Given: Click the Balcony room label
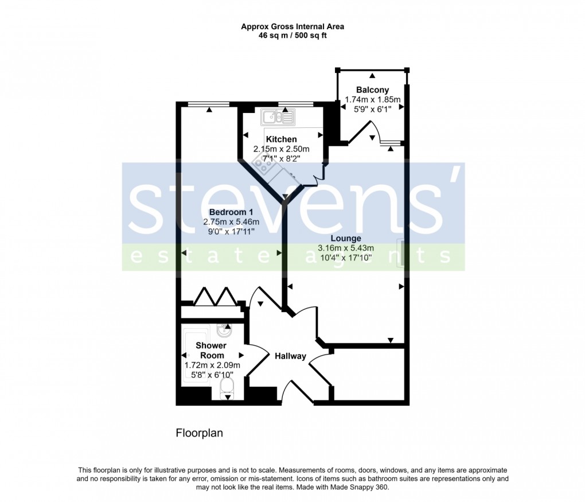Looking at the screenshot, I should (x=372, y=89).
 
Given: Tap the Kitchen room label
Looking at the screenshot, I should (x=281, y=139).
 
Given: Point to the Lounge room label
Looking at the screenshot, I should (x=346, y=238).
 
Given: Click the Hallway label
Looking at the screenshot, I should (x=290, y=356).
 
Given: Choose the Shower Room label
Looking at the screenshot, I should (x=211, y=350).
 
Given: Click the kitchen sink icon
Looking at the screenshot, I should (x=278, y=118).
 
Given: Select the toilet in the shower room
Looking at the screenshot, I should (x=228, y=386).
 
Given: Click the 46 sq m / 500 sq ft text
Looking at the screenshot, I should (x=292, y=36).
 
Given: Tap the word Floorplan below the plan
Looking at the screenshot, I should (x=199, y=433).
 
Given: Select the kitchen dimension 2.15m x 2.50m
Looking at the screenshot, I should (x=281, y=149).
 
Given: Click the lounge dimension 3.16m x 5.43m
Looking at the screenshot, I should (x=346, y=248).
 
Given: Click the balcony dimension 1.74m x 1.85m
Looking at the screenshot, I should (x=372, y=99).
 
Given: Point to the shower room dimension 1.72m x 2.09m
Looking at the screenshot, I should (x=212, y=365).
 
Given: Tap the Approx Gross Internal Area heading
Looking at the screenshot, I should (x=292, y=26).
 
